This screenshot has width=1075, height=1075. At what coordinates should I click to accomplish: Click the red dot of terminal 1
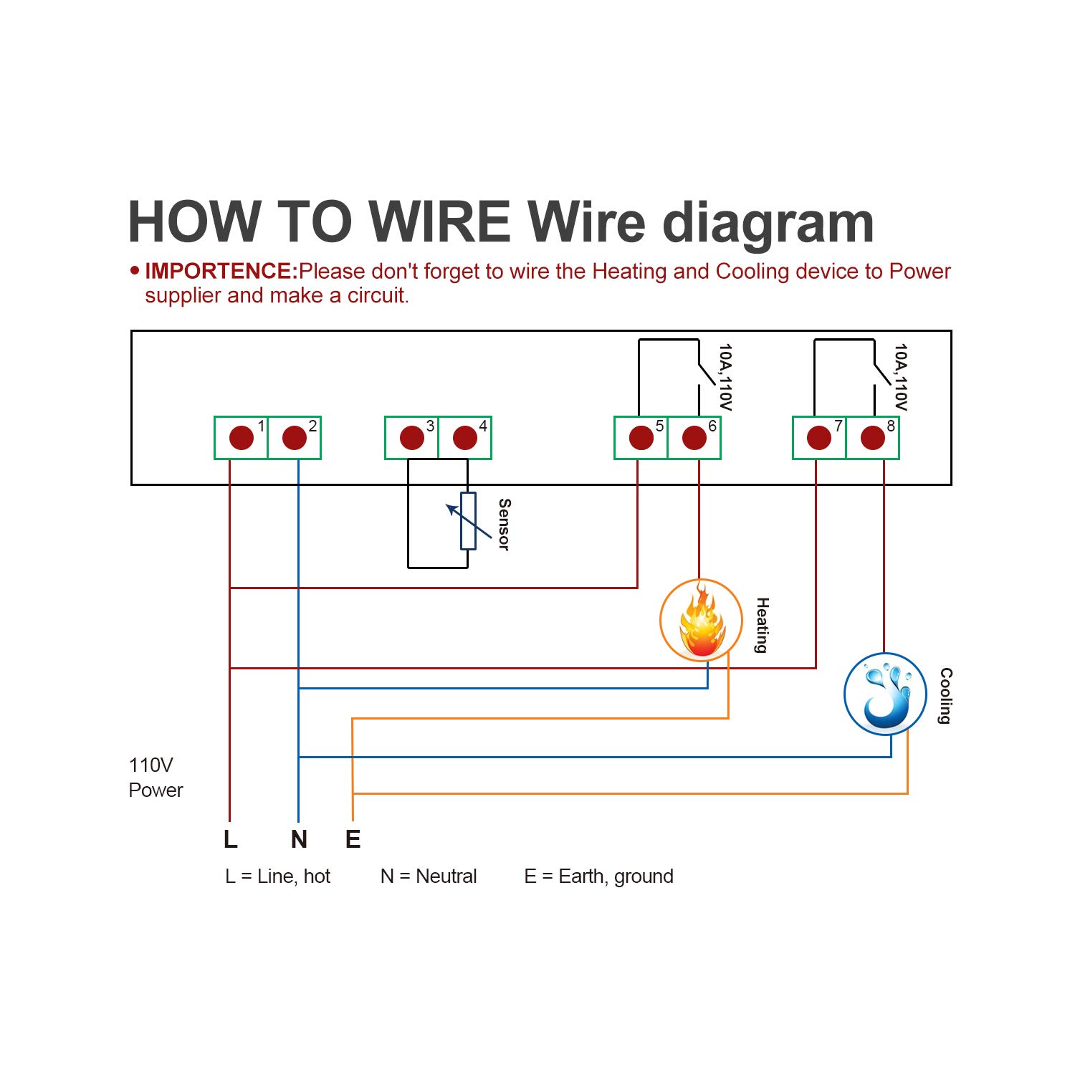[242, 437]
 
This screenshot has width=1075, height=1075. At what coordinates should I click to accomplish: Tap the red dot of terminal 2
[295, 437]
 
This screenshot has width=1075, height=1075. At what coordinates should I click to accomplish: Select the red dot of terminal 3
[412, 437]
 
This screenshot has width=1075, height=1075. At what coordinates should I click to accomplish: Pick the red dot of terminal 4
[465, 437]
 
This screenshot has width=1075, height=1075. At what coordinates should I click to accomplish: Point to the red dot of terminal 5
[641, 437]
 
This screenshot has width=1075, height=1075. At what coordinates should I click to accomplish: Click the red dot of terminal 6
[694, 437]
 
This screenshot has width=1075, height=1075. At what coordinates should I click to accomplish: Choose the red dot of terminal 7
[819, 437]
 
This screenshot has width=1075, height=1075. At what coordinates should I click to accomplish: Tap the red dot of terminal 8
[873, 437]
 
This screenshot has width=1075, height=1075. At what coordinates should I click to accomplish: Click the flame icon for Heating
[701, 621]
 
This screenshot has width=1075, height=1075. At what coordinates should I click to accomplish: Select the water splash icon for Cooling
[886, 694]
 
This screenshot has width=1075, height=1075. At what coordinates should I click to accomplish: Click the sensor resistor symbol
[468, 521]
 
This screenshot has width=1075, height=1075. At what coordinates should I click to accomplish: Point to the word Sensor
[504, 525]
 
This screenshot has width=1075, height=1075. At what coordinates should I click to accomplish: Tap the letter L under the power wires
[230, 838]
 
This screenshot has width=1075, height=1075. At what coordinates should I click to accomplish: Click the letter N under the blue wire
[299, 838]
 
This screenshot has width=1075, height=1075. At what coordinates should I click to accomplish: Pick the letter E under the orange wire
[353, 838]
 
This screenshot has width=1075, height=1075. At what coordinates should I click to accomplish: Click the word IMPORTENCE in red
[221, 271]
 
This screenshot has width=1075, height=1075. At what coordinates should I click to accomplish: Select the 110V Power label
[156, 778]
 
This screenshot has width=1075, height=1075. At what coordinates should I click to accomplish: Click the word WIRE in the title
[441, 222]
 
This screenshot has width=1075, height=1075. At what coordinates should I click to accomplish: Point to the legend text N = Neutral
[429, 876]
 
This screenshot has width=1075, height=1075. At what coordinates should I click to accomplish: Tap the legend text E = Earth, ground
[598, 876]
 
